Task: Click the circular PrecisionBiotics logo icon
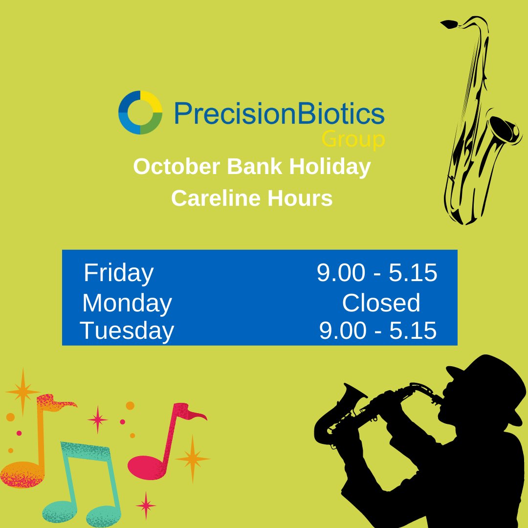(140, 112)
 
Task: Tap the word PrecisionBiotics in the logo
(279, 113)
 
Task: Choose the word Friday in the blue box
(118, 273)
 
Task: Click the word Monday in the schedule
(127, 303)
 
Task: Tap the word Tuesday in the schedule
(127, 330)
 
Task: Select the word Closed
(381, 303)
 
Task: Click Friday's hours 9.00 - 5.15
(377, 273)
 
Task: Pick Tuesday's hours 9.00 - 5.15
(377, 331)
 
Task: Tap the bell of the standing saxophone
(504, 130)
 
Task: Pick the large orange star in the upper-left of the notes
(22, 391)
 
